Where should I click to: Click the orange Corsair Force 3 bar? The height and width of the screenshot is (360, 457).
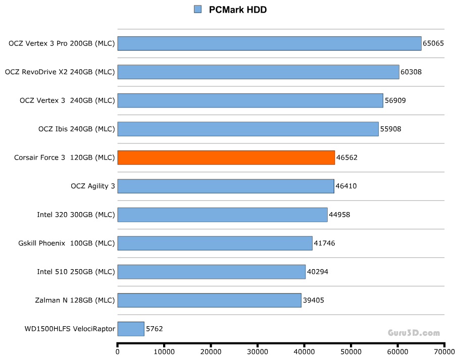226,158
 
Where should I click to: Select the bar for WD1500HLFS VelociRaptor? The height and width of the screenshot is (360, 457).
131,329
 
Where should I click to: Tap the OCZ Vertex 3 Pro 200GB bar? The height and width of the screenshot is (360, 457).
269,43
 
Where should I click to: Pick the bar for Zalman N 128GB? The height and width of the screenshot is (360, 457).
209,300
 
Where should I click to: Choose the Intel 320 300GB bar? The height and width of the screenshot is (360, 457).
222,215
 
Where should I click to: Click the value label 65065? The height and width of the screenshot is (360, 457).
433,43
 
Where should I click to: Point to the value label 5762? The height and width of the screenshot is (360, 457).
154,329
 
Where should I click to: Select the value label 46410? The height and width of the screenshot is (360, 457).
346,186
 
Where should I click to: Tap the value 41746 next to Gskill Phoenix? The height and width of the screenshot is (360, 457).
324,243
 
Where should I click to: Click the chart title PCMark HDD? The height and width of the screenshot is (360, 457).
238,10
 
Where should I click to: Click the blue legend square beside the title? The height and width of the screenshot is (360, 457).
198,9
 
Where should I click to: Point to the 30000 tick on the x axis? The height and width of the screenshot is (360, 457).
258,351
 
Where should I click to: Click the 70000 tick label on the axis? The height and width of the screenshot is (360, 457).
444,351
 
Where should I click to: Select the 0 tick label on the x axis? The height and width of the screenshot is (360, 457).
118,351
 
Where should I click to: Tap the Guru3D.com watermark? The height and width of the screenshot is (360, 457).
414,333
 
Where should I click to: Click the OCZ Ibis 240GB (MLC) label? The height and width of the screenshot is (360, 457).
77,129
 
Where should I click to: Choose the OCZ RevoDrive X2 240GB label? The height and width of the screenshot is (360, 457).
60,72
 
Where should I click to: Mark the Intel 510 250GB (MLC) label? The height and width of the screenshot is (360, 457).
76,272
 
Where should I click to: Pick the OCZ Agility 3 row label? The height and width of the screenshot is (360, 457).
93,186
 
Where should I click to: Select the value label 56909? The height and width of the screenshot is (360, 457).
395,100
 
